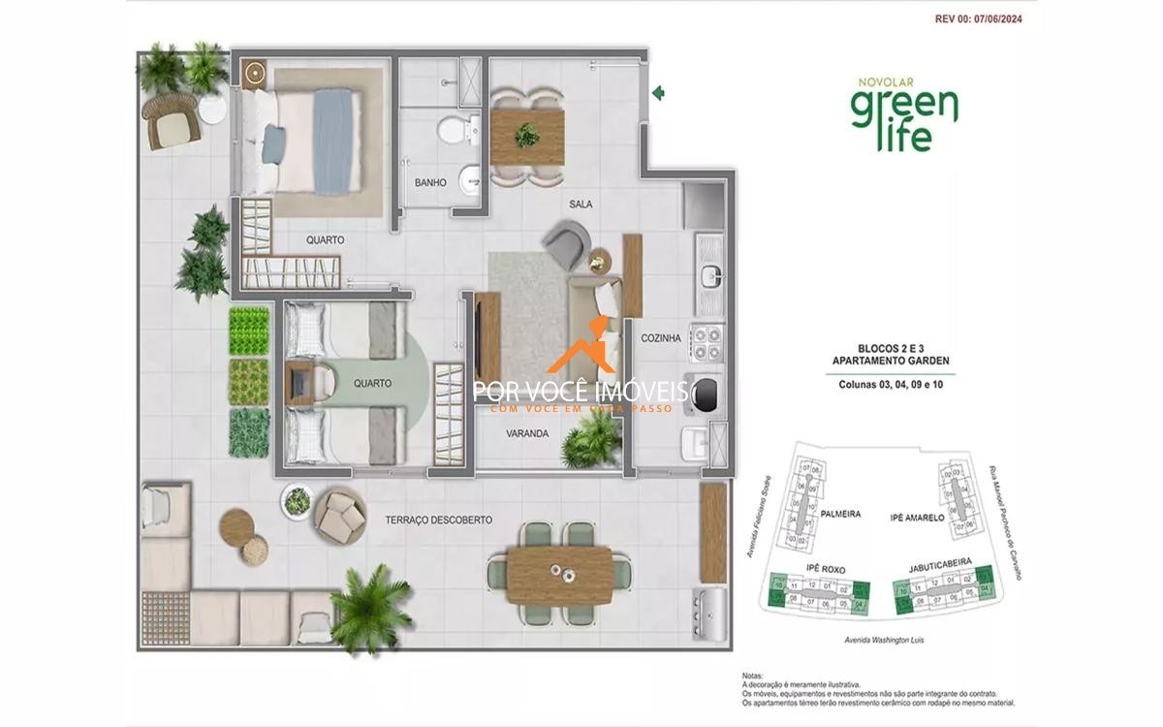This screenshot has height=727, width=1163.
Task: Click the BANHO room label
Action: [x=430, y=182]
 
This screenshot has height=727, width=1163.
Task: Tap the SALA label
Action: [x=581, y=205]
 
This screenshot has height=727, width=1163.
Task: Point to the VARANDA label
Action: [x=527, y=434]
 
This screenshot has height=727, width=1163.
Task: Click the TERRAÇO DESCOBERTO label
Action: [x=438, y=521]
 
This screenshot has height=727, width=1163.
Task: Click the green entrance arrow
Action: [x=658, y=93]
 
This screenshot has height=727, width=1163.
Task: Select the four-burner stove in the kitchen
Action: [x=706, y=340]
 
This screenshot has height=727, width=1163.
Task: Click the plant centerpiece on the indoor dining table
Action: [x=527, y=135]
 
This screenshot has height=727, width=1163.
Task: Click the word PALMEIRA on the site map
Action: [x=840, y=515]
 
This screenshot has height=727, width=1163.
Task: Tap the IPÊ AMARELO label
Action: [x=917, y=519]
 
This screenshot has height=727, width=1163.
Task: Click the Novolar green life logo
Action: [x=903, y=114]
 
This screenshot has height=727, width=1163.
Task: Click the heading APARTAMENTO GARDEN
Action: [x=890, y=361]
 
